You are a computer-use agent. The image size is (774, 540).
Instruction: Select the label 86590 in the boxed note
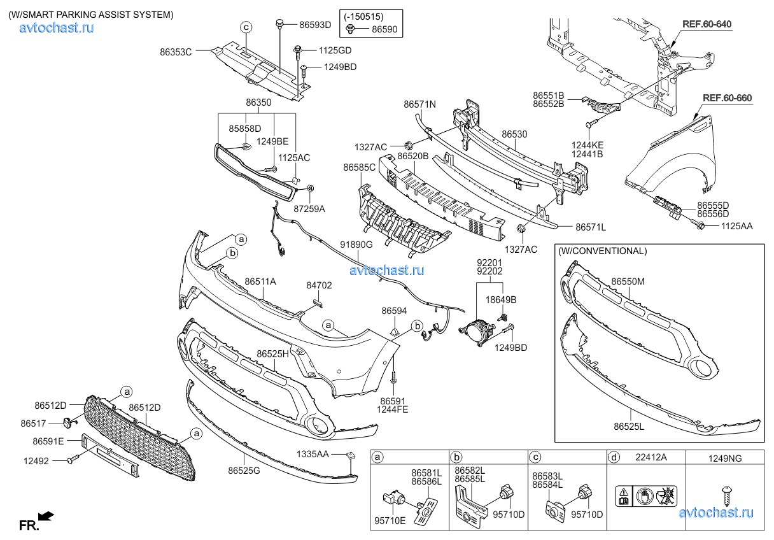coord(384,29)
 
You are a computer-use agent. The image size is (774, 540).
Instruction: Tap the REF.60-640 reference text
coord(707,24)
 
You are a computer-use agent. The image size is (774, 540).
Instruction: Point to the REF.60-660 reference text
coord(727,98)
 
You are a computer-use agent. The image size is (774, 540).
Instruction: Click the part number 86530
coord(514,134)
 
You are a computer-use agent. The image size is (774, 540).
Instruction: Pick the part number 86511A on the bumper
coord(260,281)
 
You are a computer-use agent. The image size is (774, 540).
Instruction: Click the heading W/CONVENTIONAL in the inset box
coord(602,251)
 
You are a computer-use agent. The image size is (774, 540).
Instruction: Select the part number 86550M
coord(628,281)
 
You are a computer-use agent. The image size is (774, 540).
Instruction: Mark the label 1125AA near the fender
coord(736,225)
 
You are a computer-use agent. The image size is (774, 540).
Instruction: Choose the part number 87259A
coord(309,209)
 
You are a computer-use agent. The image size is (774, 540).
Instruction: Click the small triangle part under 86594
coord(394,329)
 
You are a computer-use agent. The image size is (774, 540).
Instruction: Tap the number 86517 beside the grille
coord(34,423)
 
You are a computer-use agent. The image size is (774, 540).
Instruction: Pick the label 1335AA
coord(313,454)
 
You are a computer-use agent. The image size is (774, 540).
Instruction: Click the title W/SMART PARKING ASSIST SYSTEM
coord(90,15)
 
